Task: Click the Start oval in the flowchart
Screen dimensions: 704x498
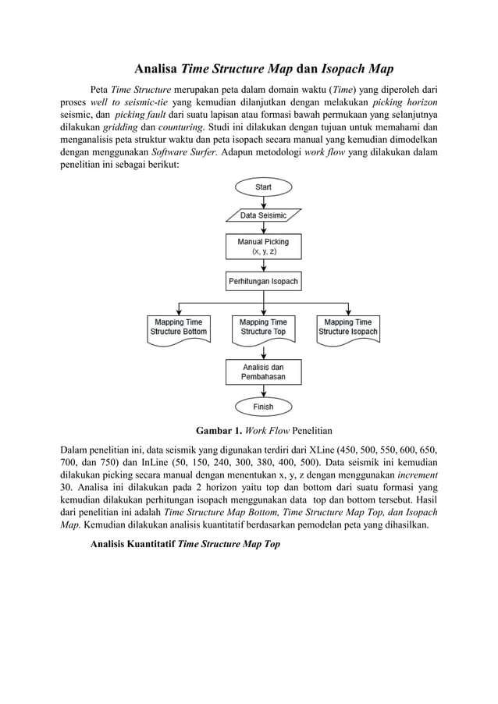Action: pos(263,188)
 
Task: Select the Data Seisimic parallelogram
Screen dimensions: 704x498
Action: pos(263,215)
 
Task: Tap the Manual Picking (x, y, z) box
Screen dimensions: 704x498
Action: pos(263,247)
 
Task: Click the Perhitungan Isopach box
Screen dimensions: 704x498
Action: pos(263,281)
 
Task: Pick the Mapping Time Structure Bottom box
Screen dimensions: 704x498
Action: pos(179,326)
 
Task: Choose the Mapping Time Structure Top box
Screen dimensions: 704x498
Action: pos(263,326)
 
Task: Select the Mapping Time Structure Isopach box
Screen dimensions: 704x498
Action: pos(347,326)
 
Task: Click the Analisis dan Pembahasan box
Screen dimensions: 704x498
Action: pos(263,371)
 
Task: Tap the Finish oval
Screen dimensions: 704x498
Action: pos(263,407)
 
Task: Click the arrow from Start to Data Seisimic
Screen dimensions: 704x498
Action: pos(263,201)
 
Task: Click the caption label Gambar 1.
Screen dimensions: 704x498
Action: pos(219,430)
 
